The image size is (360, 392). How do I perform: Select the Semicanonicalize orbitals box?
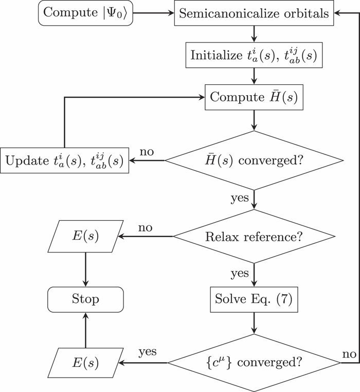click(254, 13)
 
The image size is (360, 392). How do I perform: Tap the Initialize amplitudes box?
click(254, 55)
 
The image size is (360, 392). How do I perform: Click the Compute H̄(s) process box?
click(254, 97)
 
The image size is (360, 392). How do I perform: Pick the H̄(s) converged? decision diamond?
click(254, 161)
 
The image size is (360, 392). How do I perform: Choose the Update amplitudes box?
click(65, 161)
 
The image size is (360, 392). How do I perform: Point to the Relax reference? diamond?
click(254, 237)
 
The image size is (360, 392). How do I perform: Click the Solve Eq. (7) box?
click(254, 299)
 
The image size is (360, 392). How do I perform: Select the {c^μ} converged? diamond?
click(254, 363)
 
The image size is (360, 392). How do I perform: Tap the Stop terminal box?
click(85, 299)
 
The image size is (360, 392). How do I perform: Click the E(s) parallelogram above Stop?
click(85, 237)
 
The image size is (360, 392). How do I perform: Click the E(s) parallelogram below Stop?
click(85, 363)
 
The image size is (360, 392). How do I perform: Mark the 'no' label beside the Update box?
click(147, 153)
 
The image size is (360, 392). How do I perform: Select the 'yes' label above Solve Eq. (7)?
click(240, 273)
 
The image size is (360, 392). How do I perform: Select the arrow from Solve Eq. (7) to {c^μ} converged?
click(254, 323)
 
